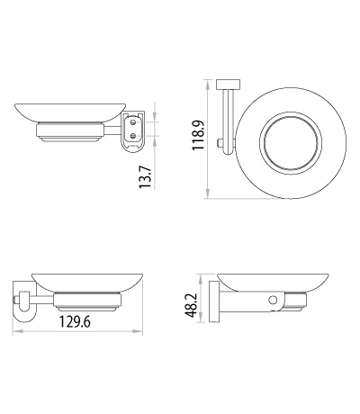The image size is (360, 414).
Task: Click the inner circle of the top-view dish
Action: (298, 143)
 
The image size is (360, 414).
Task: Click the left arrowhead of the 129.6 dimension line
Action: (15, 334)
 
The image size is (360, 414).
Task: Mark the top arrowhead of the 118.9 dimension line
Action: (208, 82)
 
